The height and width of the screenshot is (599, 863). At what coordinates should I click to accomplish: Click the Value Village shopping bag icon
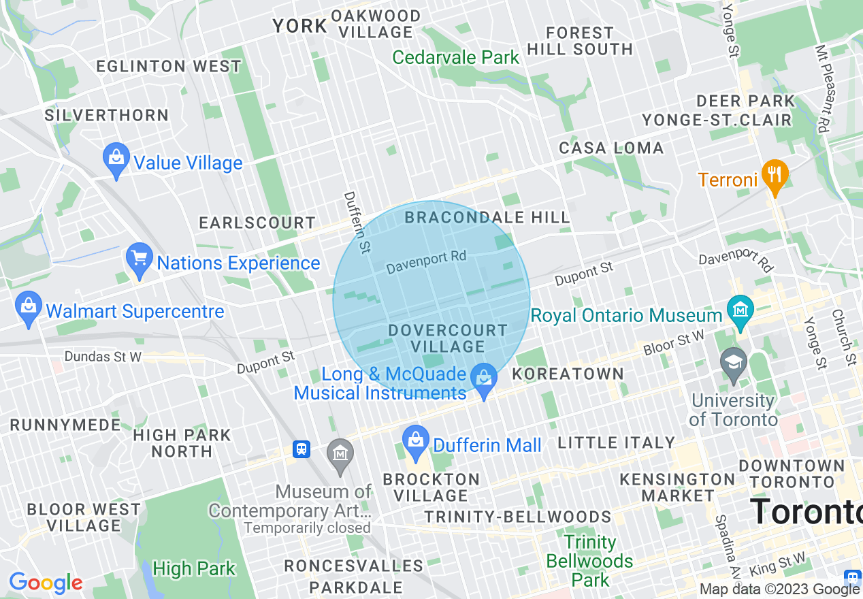coord(116,159)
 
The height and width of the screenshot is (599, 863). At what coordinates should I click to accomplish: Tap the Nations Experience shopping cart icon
coord(140,259)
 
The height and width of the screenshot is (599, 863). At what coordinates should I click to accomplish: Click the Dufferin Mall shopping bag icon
coord(415,442)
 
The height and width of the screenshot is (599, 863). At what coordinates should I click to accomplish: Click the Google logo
coord(46,583)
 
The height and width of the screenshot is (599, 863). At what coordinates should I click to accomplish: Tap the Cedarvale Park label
coord(456,57)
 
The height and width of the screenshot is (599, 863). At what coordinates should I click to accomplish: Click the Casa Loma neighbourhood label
coord(610,148)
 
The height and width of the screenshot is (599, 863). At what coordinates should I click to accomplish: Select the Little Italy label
coord(616,442)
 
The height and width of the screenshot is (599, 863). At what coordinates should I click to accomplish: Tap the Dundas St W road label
coord(103,357)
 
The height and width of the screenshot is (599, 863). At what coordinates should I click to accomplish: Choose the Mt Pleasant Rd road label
coord(824,88)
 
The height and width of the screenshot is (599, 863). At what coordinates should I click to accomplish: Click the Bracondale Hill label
coord(487,217)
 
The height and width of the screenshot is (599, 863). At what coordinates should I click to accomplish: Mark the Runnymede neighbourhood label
coord(65,425)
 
